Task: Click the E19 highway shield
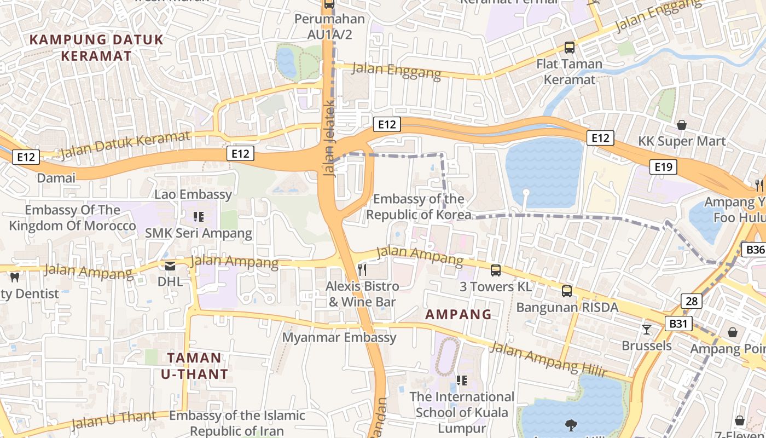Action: pos(663,166)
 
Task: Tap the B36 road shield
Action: pos(755,250)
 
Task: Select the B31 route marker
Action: pos(678,324)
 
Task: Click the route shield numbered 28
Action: pos(692,301)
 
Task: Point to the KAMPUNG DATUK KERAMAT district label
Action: pos(96,48)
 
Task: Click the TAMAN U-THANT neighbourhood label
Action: pos(194,366)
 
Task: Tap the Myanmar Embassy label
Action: pos(339,337)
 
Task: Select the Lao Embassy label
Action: pos(193,194)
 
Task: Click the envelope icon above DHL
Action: pos(170,266)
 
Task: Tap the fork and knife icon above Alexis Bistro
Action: pos(362,269)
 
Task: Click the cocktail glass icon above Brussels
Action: pos(647,329)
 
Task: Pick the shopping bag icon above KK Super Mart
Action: pos(681,125)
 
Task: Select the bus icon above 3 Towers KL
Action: pos(495,270)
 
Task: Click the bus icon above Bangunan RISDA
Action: pos(567,291)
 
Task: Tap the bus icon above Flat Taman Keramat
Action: pos(569,48)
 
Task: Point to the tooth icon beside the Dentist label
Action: pos(15,278)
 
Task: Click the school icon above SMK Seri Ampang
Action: pos(198,217)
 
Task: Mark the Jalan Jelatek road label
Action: pos(329,138)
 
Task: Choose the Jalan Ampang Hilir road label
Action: pos(548,360)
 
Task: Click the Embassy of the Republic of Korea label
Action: pos(419,206)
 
